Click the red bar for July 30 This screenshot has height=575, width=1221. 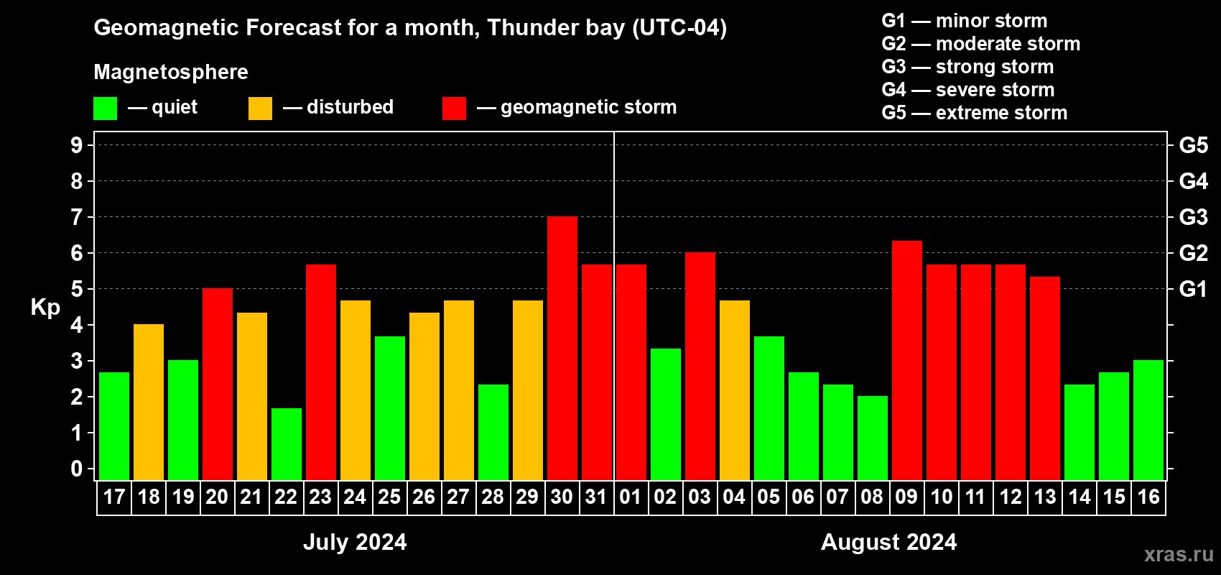[x=562, y=348]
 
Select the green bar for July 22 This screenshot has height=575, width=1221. [x=287, y=443]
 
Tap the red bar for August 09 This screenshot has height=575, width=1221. [x=907, y=360]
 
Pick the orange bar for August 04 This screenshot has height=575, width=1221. [x=735, y=390]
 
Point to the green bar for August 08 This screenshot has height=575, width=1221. [x=873, y=438]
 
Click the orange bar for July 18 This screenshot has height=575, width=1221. [x=149, y=402]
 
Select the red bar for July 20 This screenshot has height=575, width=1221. [x=218, y=384]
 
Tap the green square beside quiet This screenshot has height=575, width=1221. [x=106, y=109]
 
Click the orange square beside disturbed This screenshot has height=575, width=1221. [x=261, y=109]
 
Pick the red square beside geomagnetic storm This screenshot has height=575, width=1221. [x=455, y=109]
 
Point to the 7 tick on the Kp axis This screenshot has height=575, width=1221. [x=77, y=217]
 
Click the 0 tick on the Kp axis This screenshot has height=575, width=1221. [x=77, y=469]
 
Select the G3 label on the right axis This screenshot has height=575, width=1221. [x=1194, y=217]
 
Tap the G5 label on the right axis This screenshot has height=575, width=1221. [x=1194, y=145]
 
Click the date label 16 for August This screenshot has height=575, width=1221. [x=1148, y=497]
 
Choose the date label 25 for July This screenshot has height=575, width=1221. [x=389, y=497]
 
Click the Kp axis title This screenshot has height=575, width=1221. [x=45, y=307]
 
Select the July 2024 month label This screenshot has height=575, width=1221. [x=355, y=542]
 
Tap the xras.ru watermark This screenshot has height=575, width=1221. [x=1179, y=554]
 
